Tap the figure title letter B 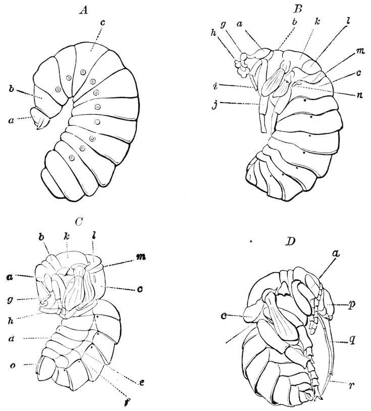pyautogui.click(x=298, y=10)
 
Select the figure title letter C pyautogui.click(x=79, y=222)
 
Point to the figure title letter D pyautogui.click(x=290, y=241)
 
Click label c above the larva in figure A pyautogui.click(x=102, y=23)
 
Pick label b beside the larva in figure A pyautogui.click(x=11, y=89)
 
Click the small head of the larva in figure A pyautogui.click(x=40, y=119)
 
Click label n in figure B pyautogui.click(x=360, y=95)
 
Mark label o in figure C pyautogui.click(x=12, y=365)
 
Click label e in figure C pyautogui.click(x=142, y=382)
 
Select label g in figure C pyautogui.click(x=11, y=299)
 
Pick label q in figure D pyautogui.click(x=352, y=340)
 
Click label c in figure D pyautogui.click(x=224, y=317)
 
